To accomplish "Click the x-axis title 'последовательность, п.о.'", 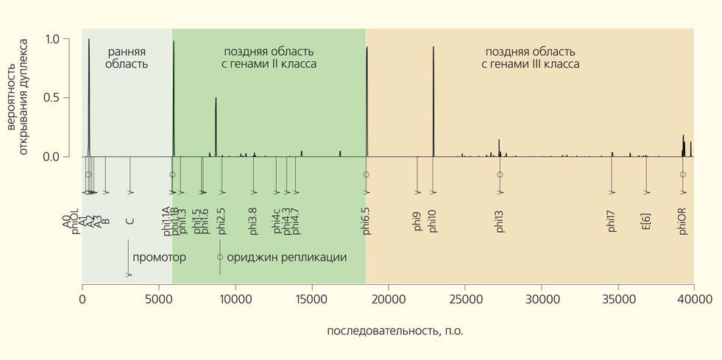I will [395, 331].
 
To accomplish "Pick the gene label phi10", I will [433, 221].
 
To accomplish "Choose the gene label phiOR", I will [683, 220].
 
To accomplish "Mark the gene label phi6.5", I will [366, 219].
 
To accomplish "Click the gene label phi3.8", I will [253, 220].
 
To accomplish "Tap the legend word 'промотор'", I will [159, 258].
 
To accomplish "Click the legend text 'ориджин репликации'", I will [286, 258].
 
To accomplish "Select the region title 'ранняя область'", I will [127, 57].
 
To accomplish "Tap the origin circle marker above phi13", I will [500, 174].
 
